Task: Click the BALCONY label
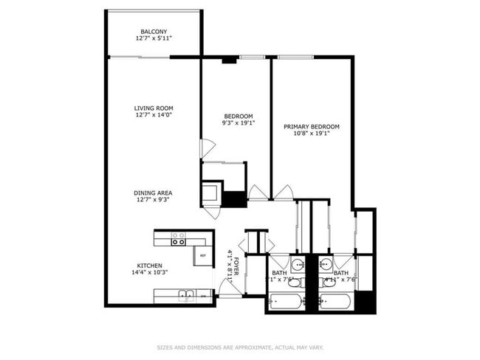[x=154, y=31]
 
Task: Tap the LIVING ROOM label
[x=154, y=108]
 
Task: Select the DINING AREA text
[x=154, y=193]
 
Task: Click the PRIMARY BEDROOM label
[x=311, y=127]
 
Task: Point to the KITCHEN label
[x=149, y=266]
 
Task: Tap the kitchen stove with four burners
[x=179, y=238]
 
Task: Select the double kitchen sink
[x=186, y=296]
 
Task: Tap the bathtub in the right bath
[x=336, y=302]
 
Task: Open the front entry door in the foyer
[x=228, y=288]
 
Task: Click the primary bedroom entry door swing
[x=283, y=193]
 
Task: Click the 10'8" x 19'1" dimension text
[x=311, y=134]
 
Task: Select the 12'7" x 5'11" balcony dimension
[x=154, y=38]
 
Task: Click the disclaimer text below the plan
[x=239, y=347]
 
